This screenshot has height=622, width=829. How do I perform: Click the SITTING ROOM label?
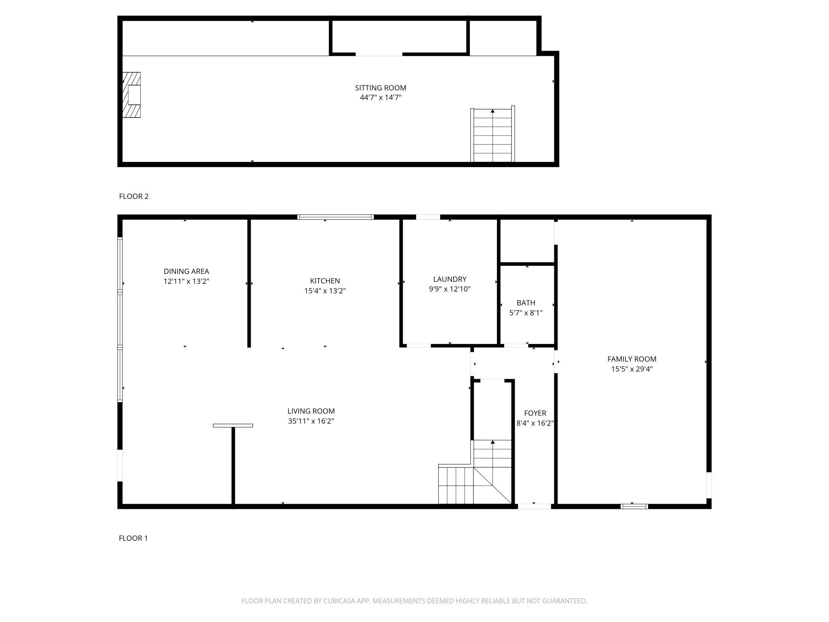click(x=381, y=88)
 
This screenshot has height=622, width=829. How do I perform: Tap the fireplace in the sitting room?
click(x=132, y=95)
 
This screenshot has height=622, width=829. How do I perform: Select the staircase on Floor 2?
click(x=493, y=134)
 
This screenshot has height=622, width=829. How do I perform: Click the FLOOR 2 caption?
click(x=134, y=196)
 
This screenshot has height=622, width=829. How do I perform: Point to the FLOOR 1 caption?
click(x=133, y=538)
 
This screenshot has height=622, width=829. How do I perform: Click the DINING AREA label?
click(x=186, y=272)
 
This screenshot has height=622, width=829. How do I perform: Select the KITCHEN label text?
click(x=325, y=281)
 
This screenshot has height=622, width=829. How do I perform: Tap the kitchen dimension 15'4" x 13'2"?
click(x=325, y=291)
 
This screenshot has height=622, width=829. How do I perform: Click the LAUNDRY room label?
click(x=450, y=279)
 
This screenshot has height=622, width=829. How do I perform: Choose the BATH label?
click(x=526, y=303)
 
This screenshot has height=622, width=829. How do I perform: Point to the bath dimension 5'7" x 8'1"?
click(x=526, y=313)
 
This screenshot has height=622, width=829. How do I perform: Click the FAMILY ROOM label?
click(x=632, y=359)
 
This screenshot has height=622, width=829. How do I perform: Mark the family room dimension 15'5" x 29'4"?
click(x=632, y=369)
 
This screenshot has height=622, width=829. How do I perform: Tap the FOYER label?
click(x=535, y=413)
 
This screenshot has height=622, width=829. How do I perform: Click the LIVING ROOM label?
click(x=311, y=411)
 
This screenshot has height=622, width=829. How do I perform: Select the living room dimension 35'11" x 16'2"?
click(x=311, y=421)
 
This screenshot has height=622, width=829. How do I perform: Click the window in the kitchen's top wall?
click(x=336, y=217)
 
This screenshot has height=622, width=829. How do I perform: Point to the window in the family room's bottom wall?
click(x=634, y=506)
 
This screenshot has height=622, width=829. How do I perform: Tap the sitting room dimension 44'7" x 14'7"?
click(x=381, y=98)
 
